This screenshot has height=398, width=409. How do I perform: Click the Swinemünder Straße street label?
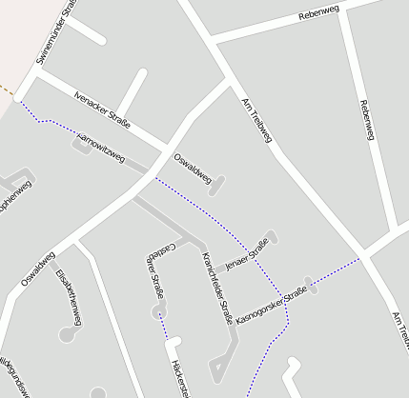click(54, 33)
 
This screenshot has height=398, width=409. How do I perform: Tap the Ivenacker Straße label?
click(101, 111)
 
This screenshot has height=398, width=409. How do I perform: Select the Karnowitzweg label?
click(100, 149)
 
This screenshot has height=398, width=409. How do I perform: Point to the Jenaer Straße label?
click(245, 254)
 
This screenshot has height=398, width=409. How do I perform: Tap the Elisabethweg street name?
click(68, 297)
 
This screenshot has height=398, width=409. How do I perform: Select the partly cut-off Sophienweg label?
click(17, 197)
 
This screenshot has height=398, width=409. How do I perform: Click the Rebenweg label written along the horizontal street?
click(318, 12)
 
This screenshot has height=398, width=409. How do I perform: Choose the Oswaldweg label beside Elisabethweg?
click(37, 269)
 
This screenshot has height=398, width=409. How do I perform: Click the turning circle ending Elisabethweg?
click(66, 334)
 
